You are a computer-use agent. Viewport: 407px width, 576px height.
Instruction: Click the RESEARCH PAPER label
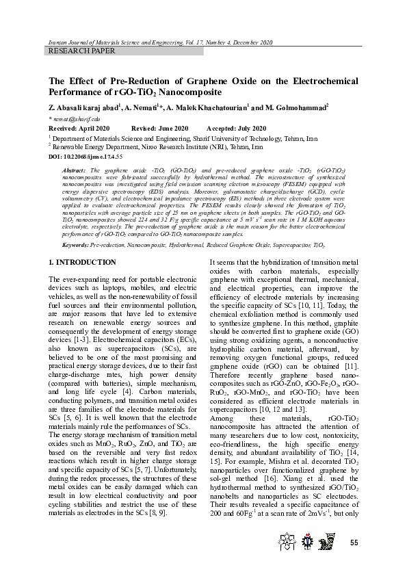pyautogui.click(x=81, y=51)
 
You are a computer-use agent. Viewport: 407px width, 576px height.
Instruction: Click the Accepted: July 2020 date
pyautogui.click(x=235, y=129)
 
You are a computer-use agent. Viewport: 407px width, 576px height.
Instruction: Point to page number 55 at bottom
pyautogui.click(x=354, y=542)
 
